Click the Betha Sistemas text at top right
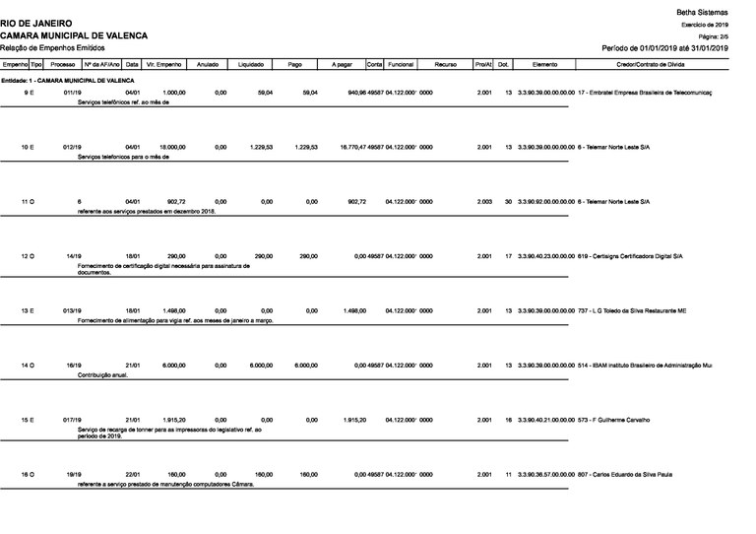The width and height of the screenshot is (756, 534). (x=703, y=10)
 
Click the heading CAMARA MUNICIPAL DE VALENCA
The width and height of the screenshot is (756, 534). (x=74, y=34)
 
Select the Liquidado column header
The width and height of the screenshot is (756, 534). (x=251, y=63)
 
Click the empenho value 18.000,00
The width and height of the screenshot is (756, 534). (x=173, y=147)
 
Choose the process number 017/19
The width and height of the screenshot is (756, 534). (x=72, y=421)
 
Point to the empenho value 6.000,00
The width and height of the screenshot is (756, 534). (x=173, y=366)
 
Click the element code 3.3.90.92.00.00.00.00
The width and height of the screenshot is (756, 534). (x=544, y=201)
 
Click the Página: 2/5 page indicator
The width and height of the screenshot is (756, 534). (x=712, y=34)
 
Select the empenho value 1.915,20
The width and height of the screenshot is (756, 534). (x=173, y=421)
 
